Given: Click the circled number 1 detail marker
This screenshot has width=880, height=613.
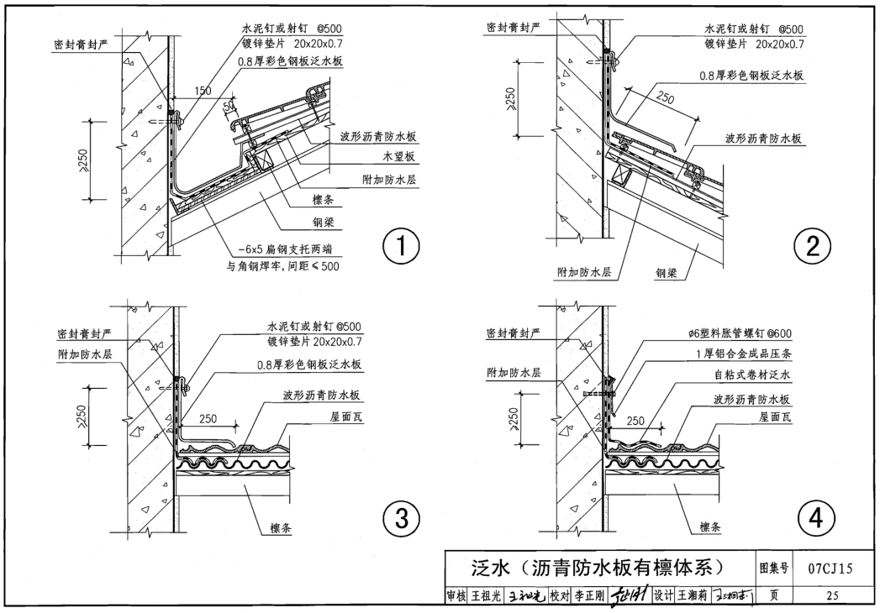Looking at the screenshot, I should (x=402, y=247).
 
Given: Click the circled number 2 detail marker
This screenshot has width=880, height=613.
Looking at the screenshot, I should (x=812, y=246).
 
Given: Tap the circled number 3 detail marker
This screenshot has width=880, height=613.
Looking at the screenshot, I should (x=402, y=519).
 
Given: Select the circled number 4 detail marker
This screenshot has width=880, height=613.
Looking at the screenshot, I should (x=812, y=519).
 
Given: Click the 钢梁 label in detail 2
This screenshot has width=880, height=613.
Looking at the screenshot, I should (x=669, y=272).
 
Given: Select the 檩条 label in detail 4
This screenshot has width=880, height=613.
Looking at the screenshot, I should (x=710, y=528).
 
